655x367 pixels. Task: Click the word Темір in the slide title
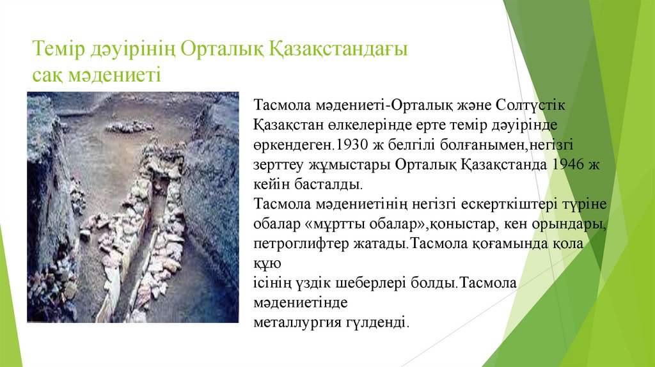click(x=58, y=49)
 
